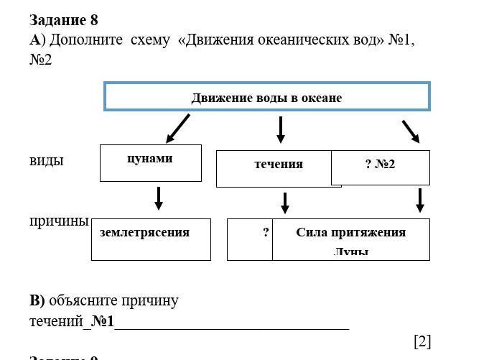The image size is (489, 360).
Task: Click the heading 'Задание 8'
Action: (x=63, y=20)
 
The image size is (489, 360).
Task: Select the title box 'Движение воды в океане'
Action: (x=266, y=97)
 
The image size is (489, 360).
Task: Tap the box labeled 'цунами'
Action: (x=150, y=162)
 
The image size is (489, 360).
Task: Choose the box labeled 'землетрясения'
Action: (x=151, y=238)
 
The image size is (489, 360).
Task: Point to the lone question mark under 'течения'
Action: (x=266, y=232)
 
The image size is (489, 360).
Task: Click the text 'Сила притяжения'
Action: (x=350, y=232)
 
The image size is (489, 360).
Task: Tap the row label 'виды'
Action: (x=47, y=160)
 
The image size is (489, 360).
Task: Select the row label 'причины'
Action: (x=59, y=221)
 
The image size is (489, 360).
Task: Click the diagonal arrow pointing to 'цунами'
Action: (x=177, y=129)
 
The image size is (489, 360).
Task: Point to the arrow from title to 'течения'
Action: (x=281, y=129)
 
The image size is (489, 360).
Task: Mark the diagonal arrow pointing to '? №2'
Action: (x=411, y=131)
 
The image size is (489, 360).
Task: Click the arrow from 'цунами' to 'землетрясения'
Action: (x=159, y=198)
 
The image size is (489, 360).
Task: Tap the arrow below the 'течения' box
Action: (x=285, y=203)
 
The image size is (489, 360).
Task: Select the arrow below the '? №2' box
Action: (x=420, y=200)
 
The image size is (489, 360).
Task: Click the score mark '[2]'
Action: (x=422, y=341)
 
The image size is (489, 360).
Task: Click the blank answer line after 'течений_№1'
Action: (x=231, y=323)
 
